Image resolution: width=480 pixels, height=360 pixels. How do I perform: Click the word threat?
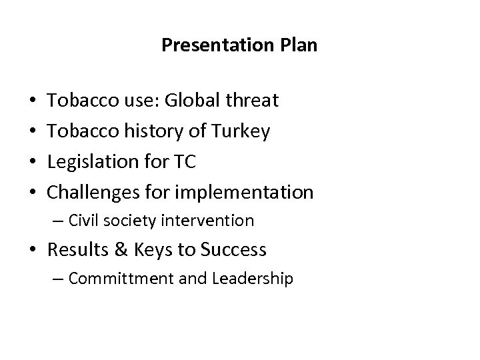coord(253,101)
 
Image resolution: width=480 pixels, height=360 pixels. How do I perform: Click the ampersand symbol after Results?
coord(122,250)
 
